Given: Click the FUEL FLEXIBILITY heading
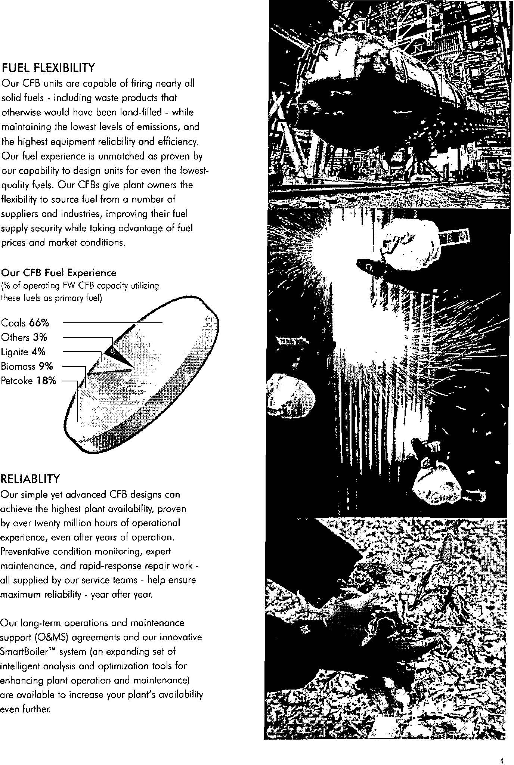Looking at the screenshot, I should tap(49, 68).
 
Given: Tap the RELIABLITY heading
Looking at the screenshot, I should tap(31, 478).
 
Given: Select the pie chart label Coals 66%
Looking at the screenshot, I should tap(25, 323).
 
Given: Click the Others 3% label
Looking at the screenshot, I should tap(25, 337).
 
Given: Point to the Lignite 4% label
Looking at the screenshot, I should tap(24, 352).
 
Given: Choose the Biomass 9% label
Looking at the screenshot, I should tap(27, 366).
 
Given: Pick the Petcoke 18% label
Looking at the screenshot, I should tap(29, 381).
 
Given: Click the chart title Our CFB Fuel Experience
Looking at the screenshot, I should tap(59, 273).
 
